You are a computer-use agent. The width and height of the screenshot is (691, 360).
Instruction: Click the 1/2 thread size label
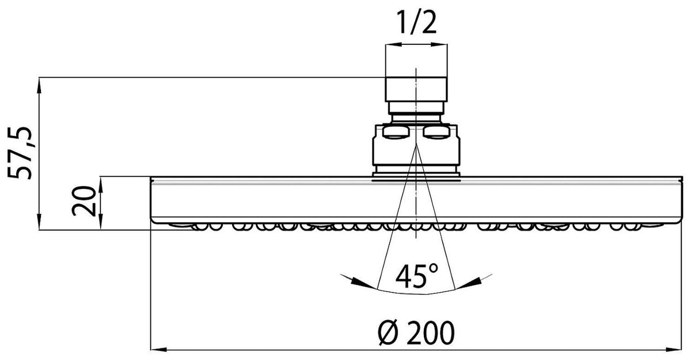point(416,22)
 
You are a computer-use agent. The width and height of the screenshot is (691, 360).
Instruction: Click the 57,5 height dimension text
point(20,153)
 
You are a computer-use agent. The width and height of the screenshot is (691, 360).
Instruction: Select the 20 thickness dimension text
point(83,201)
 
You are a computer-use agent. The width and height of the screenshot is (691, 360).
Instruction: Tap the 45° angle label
point(416,276)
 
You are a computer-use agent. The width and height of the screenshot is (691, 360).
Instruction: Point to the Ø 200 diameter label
point(416,332)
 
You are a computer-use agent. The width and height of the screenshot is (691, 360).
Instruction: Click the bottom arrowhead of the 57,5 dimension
point(39,222)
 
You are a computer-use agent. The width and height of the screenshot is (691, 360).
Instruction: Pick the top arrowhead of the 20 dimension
point(101,184)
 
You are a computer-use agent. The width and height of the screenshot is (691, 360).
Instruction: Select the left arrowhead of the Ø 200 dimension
point(158,350)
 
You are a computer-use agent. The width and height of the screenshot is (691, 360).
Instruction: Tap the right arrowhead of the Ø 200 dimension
point(674,350)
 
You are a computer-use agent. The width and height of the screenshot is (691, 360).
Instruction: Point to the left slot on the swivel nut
point(396,132)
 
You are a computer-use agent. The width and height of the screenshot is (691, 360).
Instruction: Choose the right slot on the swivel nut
point(436,132)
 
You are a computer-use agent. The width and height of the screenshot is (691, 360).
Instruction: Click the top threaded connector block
point(416,89)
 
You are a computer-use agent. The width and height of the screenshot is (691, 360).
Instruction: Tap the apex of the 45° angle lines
point(416,145)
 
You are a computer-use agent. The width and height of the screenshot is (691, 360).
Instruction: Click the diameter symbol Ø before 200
point(389,333)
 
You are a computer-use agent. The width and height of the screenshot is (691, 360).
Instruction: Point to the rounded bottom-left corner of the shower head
point(154,220)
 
